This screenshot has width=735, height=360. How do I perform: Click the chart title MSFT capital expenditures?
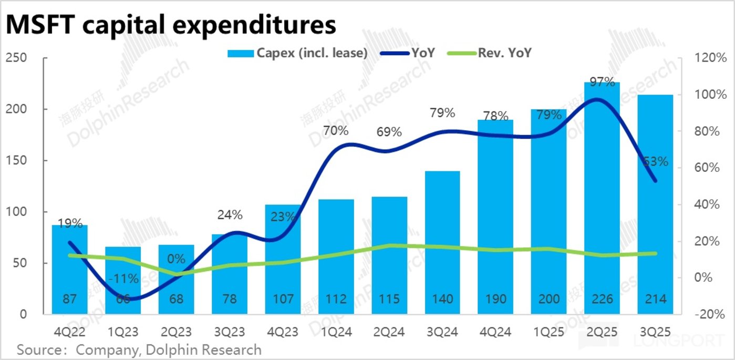point(171,24)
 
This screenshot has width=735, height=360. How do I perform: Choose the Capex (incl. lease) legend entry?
point(297,53)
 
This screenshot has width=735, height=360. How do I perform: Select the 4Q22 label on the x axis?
point(69,332)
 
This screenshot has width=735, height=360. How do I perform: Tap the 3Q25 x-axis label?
point(655,332)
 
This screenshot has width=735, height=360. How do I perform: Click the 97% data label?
point(602,82)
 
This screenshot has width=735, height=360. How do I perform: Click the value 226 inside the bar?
point(602,300)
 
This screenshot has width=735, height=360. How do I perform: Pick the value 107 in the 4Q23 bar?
point(283,300)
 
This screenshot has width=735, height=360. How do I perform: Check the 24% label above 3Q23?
point(230,214)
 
